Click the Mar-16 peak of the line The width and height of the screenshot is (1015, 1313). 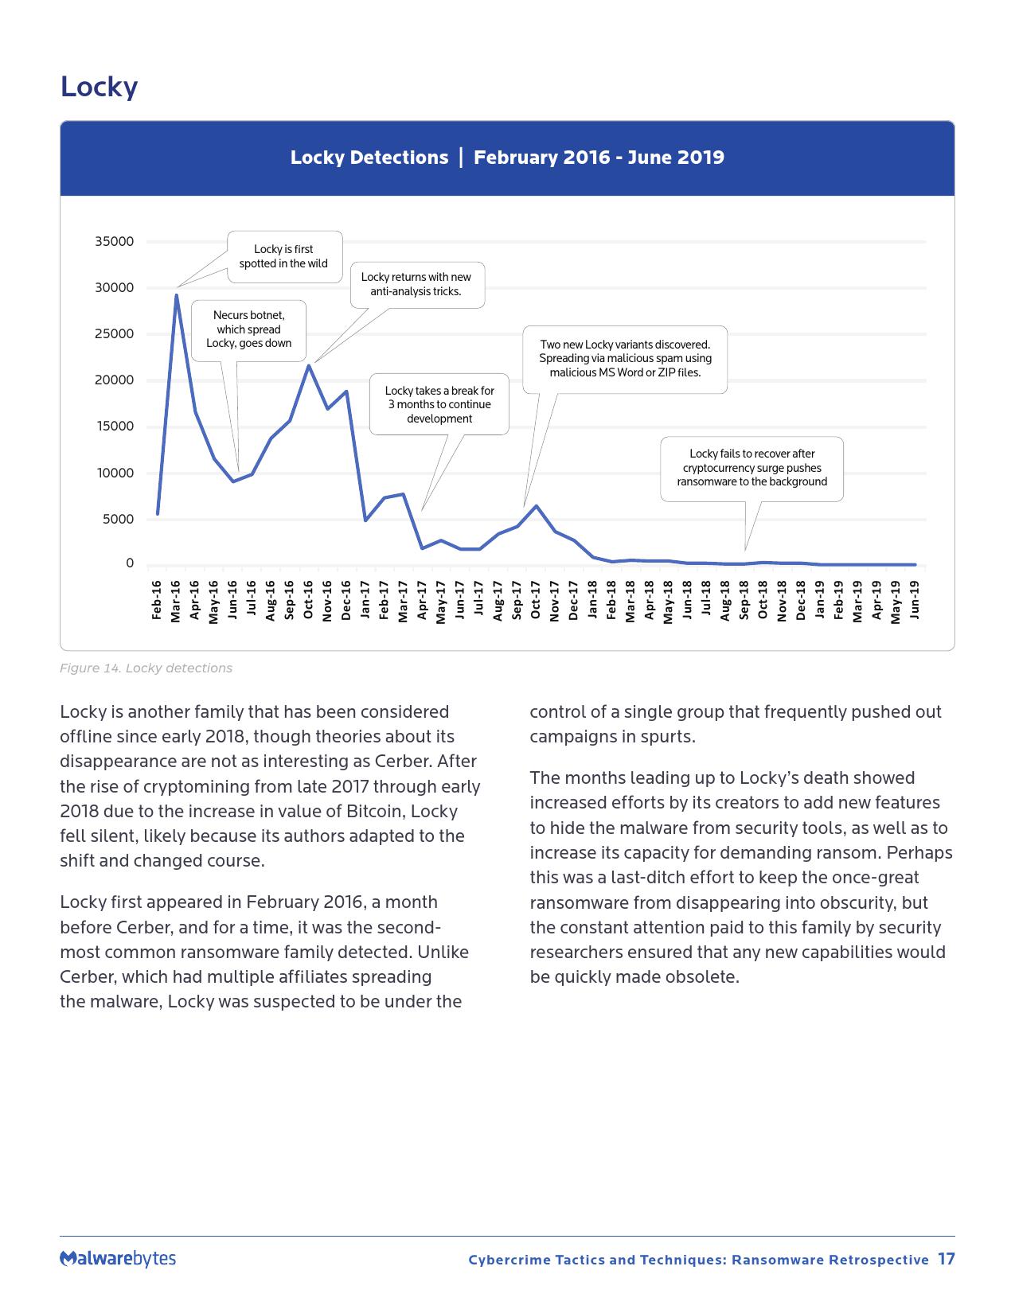pos(177,295)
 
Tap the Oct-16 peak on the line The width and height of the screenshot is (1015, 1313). pos(309,365)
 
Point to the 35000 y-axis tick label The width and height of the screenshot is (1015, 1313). pos(115,241)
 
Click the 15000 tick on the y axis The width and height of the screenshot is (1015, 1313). pos(115,427)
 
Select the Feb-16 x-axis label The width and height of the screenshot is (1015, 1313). pos(157,600)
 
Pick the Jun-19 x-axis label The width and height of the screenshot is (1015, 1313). pos(915,600)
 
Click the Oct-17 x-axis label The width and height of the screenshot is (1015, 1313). pos(536,600)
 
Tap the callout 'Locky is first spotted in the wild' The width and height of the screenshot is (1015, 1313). pos(284,256)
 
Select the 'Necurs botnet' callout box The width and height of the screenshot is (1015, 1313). pos(249,329)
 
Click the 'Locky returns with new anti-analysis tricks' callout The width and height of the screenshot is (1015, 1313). pos(416,284)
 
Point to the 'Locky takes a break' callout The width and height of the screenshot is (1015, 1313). pos(439,404)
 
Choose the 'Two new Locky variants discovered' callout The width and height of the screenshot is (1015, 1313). pos(625,359)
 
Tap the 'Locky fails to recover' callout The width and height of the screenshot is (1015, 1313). pos(751,468)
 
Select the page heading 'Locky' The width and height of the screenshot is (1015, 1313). pos(99,87)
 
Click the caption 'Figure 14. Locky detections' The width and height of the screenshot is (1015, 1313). pos(146,668)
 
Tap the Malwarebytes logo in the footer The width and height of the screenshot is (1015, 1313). pos(118,1259)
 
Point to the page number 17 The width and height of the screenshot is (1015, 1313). pos(946,1259)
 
